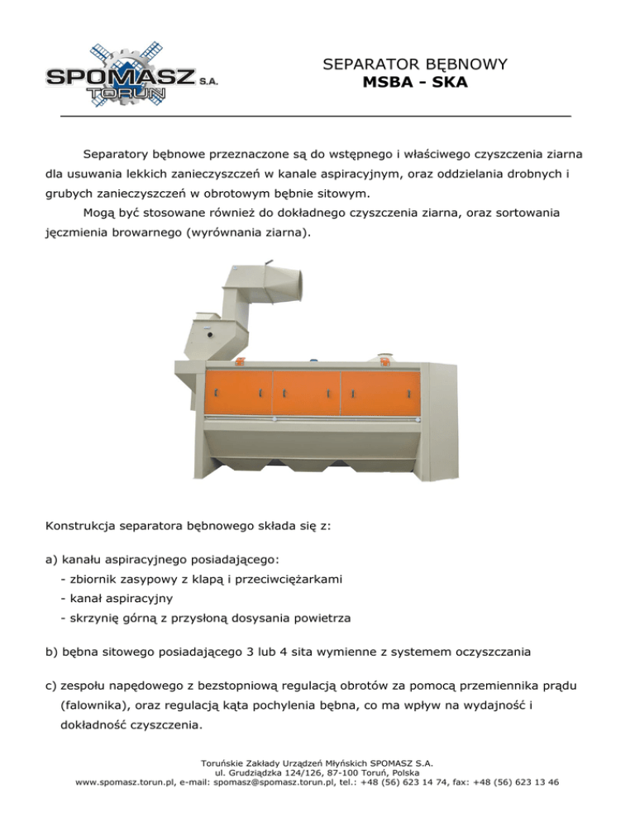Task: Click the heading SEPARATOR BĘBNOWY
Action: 414,64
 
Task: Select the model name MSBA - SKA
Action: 414,83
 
